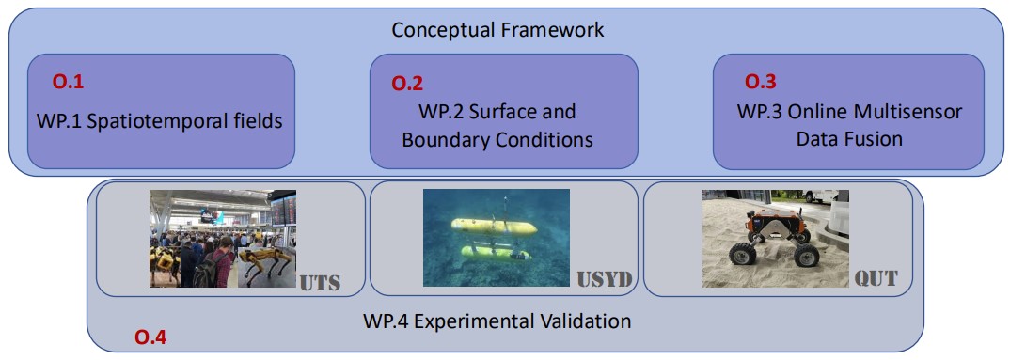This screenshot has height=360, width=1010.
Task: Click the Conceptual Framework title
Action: pos(497,30)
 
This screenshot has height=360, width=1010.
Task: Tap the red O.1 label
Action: pos(68,82)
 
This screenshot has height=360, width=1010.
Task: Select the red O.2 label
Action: pos(408,83)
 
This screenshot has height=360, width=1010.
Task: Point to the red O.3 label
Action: pos(761,82)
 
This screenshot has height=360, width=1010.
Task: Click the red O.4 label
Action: pos(150,337)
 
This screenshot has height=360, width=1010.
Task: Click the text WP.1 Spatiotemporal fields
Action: pos(159,120)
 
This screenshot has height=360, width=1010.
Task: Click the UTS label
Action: pos(319,282)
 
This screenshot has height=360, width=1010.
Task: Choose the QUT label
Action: pos(876,279)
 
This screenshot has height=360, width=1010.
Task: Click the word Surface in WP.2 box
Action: pos(504,112)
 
